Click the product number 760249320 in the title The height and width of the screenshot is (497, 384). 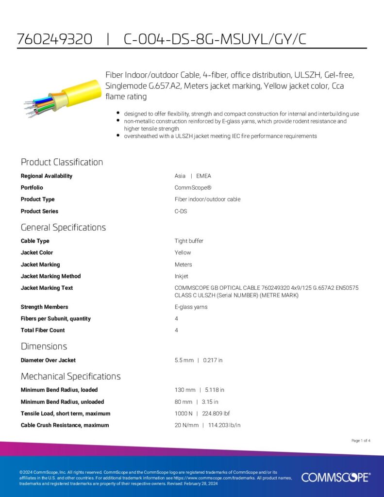point(54,39)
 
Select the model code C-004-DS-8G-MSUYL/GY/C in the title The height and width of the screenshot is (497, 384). point(215,39)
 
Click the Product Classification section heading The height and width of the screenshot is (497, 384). point(62,162)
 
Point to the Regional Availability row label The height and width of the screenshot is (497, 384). point(47,176)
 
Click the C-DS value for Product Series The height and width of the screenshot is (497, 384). point(181,211)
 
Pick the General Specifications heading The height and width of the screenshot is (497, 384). point(63,227)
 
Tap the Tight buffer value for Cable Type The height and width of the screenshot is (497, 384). point(189,241)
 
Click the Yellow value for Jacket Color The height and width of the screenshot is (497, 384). point(183,253)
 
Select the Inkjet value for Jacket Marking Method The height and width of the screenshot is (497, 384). point(182,276)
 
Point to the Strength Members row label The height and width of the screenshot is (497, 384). point(44,307)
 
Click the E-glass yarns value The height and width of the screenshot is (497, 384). point(191,307)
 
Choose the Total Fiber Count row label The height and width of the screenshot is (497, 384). point(43,331)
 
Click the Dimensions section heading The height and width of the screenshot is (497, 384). point(44,346)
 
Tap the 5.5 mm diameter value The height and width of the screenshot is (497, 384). point(184,361)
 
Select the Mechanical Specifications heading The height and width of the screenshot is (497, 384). point(70,376)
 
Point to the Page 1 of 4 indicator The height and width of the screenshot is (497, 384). point(361,441)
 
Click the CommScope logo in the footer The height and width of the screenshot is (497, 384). point(335,478)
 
